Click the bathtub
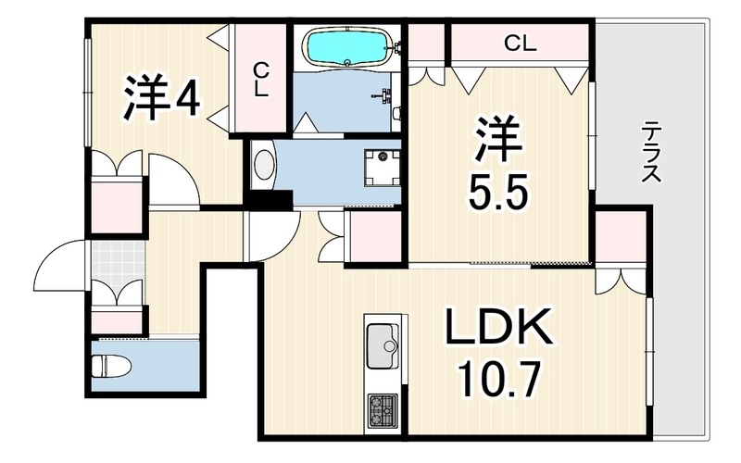347,46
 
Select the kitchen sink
383,345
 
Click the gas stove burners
383,410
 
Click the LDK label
499,327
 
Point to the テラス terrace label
651,152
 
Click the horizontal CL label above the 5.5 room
520,44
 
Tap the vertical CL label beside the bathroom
261,81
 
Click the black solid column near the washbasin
270,198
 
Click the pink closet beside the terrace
621,236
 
